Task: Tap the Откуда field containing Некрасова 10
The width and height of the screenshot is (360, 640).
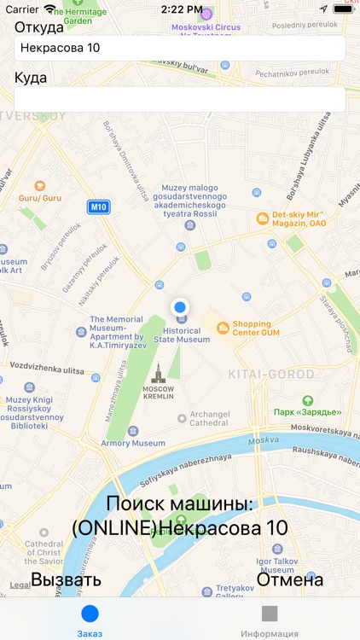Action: click(179, 48)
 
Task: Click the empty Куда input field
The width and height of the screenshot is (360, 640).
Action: click(179, 99)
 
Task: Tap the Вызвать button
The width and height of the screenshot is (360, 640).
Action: click(67, 580)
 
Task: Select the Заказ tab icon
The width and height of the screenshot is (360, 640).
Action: click(90, 614)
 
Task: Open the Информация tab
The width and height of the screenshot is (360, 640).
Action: click(270, 614)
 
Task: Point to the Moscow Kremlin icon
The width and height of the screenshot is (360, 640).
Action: click(157, 372)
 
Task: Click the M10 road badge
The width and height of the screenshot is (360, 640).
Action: click(99, 207)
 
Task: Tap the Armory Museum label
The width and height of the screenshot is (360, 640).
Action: click(133, 443)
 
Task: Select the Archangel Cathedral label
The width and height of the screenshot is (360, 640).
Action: click(209, 418)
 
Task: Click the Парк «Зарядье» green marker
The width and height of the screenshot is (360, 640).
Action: click(307, 400)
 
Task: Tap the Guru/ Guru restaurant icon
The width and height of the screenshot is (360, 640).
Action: click(39, 186)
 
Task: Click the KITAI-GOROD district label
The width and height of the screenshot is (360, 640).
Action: click(271, 375)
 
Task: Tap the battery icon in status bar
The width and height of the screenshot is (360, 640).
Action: click(343, 9)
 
